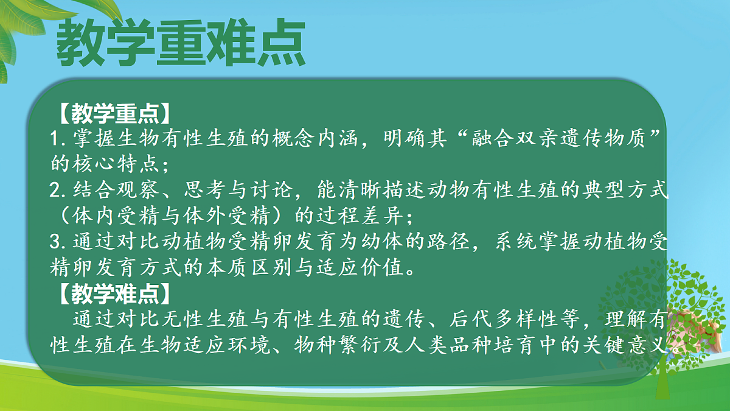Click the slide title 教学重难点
(180, 44)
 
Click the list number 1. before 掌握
(61, 138)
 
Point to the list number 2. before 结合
(61, 191)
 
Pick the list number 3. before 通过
(61, 242)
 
